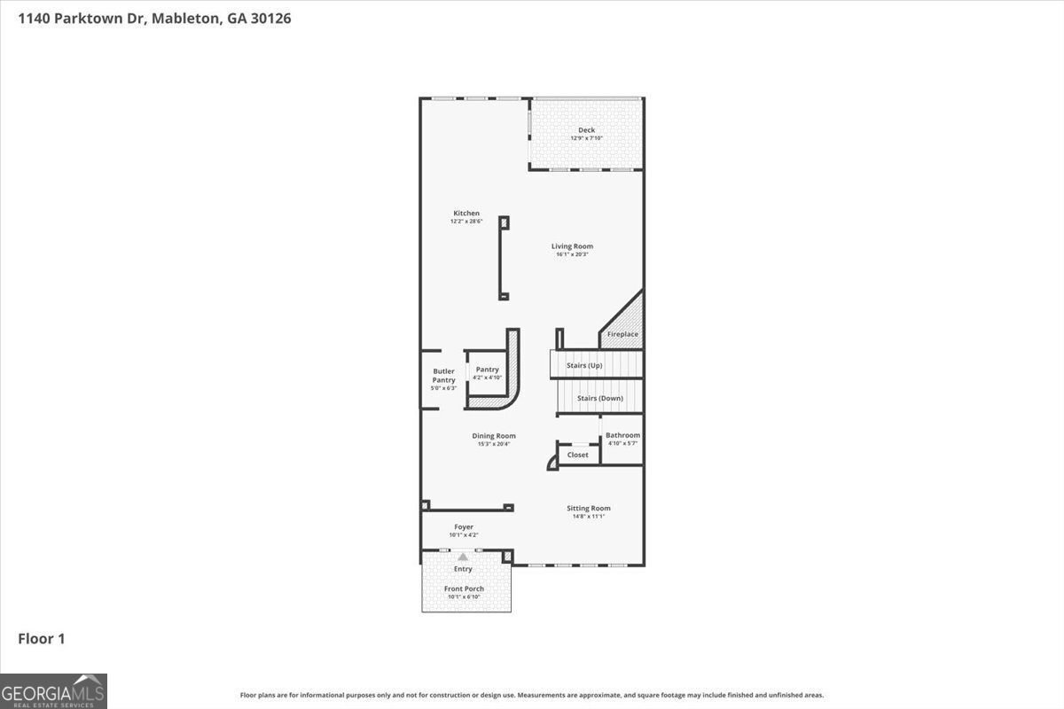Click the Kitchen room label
(466, 214)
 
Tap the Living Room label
(572, 246)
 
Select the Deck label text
(586, 130)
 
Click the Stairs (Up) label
(584, 365)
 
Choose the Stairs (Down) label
(599, 399)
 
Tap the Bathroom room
(622, 439)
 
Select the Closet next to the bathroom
(577, 455)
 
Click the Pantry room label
(487, 370)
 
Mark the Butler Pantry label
(443, 376)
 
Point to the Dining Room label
(493, 436)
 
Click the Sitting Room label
(589, 509)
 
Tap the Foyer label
(464, 527)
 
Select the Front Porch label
(464, 588)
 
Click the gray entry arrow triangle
(462, 557)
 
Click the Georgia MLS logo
(53, 690)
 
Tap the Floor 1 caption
(42, 638)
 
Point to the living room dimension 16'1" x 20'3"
(572, 254)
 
